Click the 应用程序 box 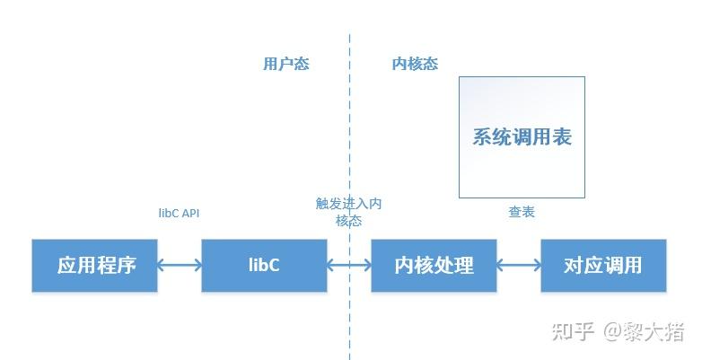94,266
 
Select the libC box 264,266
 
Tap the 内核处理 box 434,266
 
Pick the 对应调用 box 603,266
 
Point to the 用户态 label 285,65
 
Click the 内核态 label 415,65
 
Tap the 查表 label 522,212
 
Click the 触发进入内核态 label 348,212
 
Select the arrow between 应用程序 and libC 179,265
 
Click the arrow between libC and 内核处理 348,265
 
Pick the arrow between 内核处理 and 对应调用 518,265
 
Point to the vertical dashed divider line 349,135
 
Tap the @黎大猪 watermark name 644,331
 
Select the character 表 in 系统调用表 561,137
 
